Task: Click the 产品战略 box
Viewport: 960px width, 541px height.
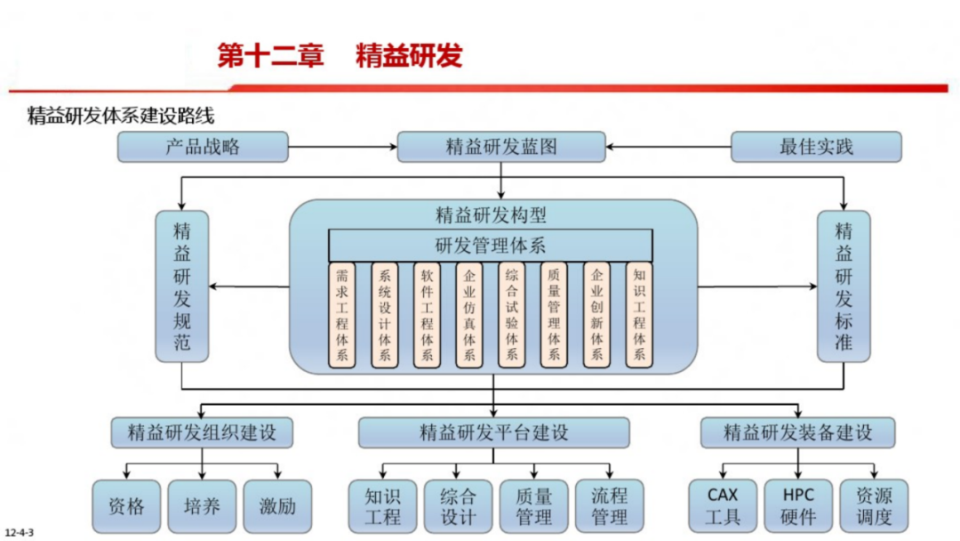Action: pyautogui.click(x=203, y=147)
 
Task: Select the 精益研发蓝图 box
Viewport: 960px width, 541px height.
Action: pyautogui.click(x=501, y=147)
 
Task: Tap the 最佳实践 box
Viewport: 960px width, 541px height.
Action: pyautogui.click(x=816, y=147)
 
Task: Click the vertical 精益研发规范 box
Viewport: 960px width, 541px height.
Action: pyautogui.click(x=182, y=286)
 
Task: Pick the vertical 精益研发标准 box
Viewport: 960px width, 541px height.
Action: pyautogui.click(x=844, y=286)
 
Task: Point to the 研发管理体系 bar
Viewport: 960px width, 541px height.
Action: pyautogui.click(x=491, y=245)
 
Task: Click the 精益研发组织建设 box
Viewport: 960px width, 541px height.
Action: pyautogui.click(x=203, y=432)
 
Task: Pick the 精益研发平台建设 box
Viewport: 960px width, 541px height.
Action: pyautogui.click(x=493, y=432)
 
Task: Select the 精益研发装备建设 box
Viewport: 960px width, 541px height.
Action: pyautogui.click(x=797, y=432)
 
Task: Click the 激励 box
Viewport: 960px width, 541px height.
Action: pyautogui.click(x=277, y=506)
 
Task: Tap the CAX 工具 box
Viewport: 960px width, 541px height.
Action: pyautogui.click(x=723, y=505)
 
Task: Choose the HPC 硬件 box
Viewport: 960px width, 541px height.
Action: pyautogui.click(x=798, y=505)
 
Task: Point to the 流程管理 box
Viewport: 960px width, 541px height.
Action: pyautogui.click(x=609, y=505)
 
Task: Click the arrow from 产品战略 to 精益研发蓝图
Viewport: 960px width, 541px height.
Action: pyautogui.click(x=342, y=147)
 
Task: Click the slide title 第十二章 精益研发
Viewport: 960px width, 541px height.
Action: pyautogui.click(x=340, y=55)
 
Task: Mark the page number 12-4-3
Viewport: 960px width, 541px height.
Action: pyautogui.click(x=19, y=532)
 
